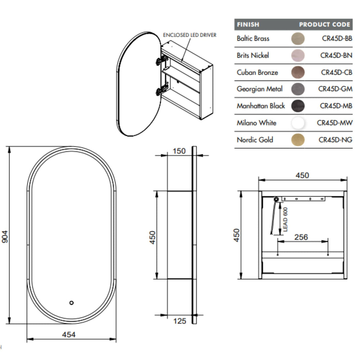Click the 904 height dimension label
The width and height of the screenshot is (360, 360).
pos(5,237)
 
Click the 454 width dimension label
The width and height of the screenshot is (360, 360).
pos(69,334)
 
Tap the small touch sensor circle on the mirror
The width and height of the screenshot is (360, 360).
pos(71,303)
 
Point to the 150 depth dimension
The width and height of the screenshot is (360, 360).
pos(179,151)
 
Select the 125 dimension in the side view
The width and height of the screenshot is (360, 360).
pos(180,321)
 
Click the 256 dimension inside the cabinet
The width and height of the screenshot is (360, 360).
pos(301,237)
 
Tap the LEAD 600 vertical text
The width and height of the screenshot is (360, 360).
pos(285,220)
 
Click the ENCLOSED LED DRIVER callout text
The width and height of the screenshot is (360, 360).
pos(190,35)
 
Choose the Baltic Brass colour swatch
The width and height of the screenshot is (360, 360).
pos(298,39)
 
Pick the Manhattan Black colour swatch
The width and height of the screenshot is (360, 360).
pos(298,106)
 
